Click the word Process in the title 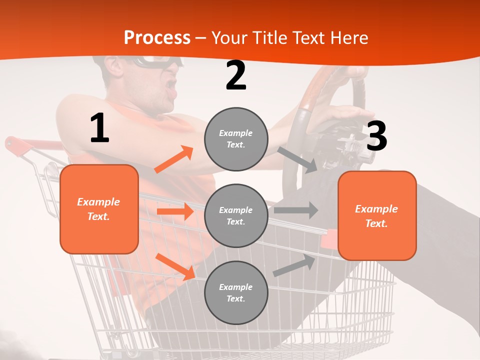[157, 38]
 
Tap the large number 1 [99, 128]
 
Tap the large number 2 [236, 76]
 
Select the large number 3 [376, 136]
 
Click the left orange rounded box [99, 209]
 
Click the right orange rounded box [377, 215]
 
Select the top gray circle [236, 139]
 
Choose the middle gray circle [236, 215]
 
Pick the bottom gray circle [236, 292]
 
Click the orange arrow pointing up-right [174, 159]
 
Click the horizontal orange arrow [175, 211]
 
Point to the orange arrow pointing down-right [175, 266]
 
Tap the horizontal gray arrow [295, 210]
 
